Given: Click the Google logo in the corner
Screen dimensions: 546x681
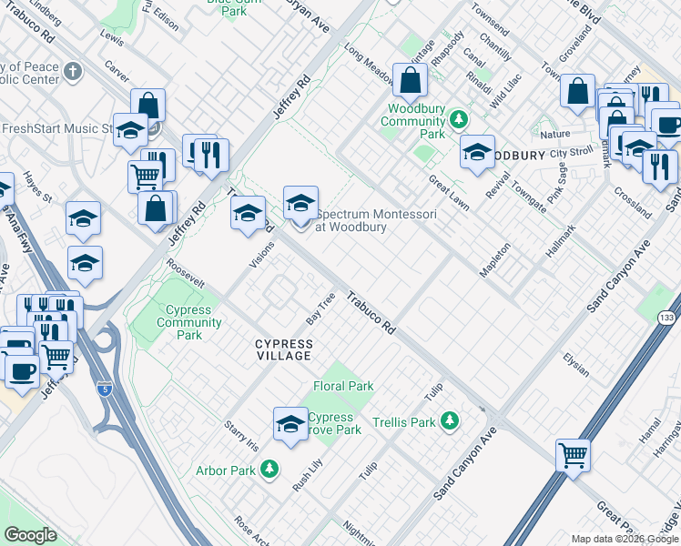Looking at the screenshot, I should [x=30, y=535].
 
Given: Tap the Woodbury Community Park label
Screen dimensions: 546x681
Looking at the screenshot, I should [x=412, y=121].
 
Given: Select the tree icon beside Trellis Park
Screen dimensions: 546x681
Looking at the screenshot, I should [x=449, y=420].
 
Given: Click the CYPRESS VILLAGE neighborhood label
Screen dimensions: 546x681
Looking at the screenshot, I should [x=283, y=349].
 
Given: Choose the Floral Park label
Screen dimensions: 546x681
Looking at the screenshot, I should [x=343, y=386].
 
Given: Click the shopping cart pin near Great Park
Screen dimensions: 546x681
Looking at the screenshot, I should [x=573, y=454].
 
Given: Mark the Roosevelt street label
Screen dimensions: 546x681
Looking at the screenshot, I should [x=183, y=277].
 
